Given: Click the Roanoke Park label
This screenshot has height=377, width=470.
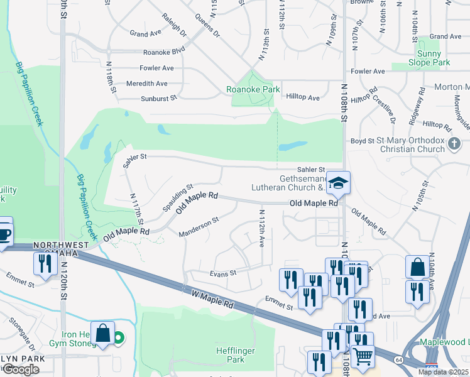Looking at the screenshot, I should [x=253, y=90].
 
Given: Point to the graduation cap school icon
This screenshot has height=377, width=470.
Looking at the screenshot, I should [x=338, y=183].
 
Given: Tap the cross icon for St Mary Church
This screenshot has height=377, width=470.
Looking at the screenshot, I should [x=454, y=145].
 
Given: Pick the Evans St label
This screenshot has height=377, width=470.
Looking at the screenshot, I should [x=222, y=273].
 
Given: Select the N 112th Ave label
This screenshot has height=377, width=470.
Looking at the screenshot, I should [x=260, y=227].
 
